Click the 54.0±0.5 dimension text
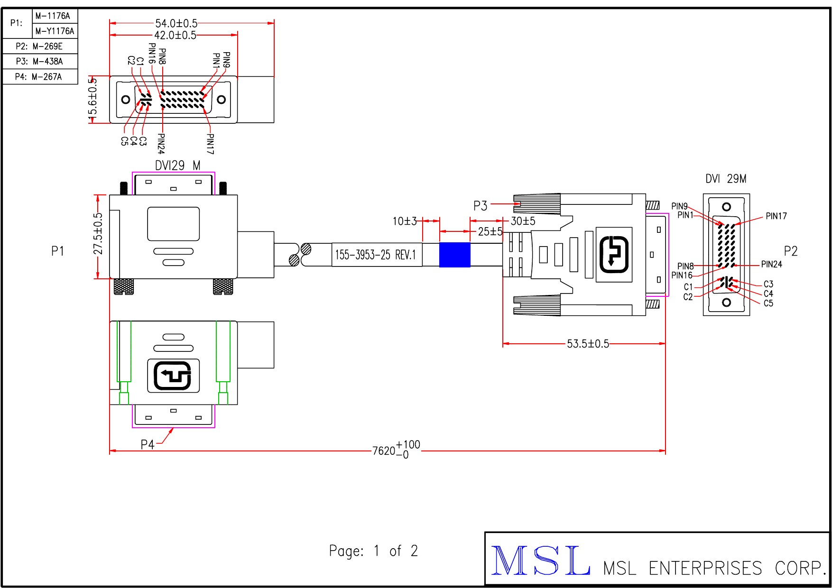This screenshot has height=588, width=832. pyautogui.click(x=176, y=23)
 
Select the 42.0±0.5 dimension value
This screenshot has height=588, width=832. pyautogui.click(x=175, y=35)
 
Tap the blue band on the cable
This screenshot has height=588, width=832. pyautogui.click(x=454, y=255)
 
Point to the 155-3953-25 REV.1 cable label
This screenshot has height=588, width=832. pyautogui.click(x=376, y=255)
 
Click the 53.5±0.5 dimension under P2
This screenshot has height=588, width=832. pyautogui.click(x=588, y=344)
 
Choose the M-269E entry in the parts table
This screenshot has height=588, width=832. pyautogui.click(x=47, y=46)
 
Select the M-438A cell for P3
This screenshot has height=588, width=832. pyautogui.click(x=47, y=61)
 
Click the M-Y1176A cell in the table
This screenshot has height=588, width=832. pyautogui.click(x=55, y=31)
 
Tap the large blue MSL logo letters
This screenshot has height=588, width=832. pyautogui.click(x=541, y=560)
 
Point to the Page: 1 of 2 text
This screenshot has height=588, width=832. pyautogui.click(x=373, y=551)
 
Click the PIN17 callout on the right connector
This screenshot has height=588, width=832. pyautogui.click(x=776, y=216)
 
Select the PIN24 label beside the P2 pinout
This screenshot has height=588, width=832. pyautogui.click(x=771, y=264)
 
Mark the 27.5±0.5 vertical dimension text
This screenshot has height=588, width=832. pyautogui.click(x=98, y=234)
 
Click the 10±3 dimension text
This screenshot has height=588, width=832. pyautogui.click(x=404, y=221)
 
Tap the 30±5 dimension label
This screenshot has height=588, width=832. pyautogui.click(x=523, y=221)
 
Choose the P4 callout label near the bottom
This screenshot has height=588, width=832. pyautogui.click(x=148, y=444)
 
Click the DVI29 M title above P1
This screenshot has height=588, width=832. pyautogui.click(x=177, y=165)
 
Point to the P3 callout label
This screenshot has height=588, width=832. pyautogui.click(x=480, y=206)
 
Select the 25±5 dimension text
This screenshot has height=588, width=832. pyautogui.click(x=490, y=231)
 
